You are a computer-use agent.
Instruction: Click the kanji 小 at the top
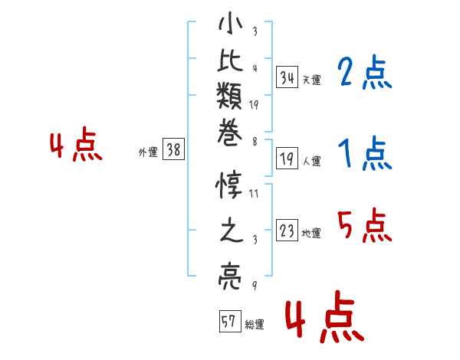coord(230,23)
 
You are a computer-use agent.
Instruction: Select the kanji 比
coord(230,60)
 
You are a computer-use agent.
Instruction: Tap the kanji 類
coord(229,96)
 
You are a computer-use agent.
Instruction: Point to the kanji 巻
coord(230,133)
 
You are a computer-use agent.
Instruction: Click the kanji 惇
coord(228,185)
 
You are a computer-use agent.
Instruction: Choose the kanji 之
coord(232,230)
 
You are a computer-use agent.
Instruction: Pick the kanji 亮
coord(230,277)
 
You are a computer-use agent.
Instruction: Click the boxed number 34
coord(287,77)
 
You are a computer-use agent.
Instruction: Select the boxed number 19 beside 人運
coord(287,159)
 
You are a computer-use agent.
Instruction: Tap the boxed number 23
coord(287,230)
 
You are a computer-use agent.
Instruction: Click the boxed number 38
coord(174,149)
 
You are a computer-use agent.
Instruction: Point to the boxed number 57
coord(230,321)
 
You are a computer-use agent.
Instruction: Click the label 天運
coord(312,80)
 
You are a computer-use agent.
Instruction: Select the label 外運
coord(148,152)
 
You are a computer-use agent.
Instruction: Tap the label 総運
coord(255,324)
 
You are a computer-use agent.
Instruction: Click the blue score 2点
coord(364,73)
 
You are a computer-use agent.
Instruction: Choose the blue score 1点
coord(365,153)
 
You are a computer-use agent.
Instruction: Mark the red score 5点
coord(365,225)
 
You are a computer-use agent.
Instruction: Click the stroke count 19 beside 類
coord(254,105)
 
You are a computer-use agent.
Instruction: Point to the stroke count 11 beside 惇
coord(254,193)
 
